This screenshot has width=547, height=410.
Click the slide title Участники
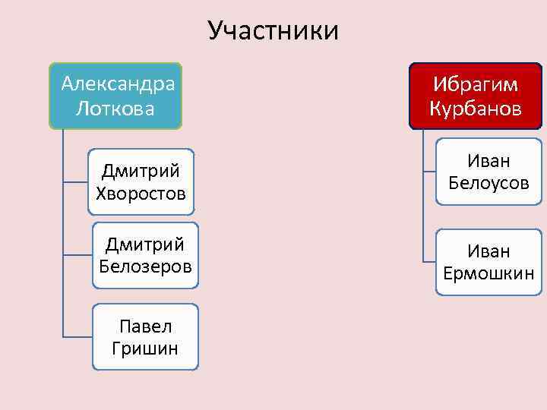tap(273, 30)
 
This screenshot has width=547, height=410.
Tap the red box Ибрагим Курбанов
tap(476, 96)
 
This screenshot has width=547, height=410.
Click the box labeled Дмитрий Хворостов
tap(141, 181)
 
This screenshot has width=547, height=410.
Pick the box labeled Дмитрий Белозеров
tap(146, 255)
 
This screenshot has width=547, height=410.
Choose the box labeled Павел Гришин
tap(145, 337)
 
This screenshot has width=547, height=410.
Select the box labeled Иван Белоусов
tap(489, 172)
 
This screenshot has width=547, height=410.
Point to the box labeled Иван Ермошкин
tap(489, 261)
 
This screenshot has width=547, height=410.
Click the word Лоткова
tap(115, 109)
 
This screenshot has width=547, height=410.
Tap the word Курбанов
tap(476, 109)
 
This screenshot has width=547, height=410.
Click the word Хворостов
tap(141, 193)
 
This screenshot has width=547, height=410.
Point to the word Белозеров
tap(146, 267)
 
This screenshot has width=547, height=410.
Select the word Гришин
tap(145, 349)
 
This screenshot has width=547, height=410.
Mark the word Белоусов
tap(489, 183)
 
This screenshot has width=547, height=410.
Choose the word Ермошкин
tap(489, 273)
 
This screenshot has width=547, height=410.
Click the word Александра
tap(118, 82)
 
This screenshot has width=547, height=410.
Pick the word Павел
tap(145, 326)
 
